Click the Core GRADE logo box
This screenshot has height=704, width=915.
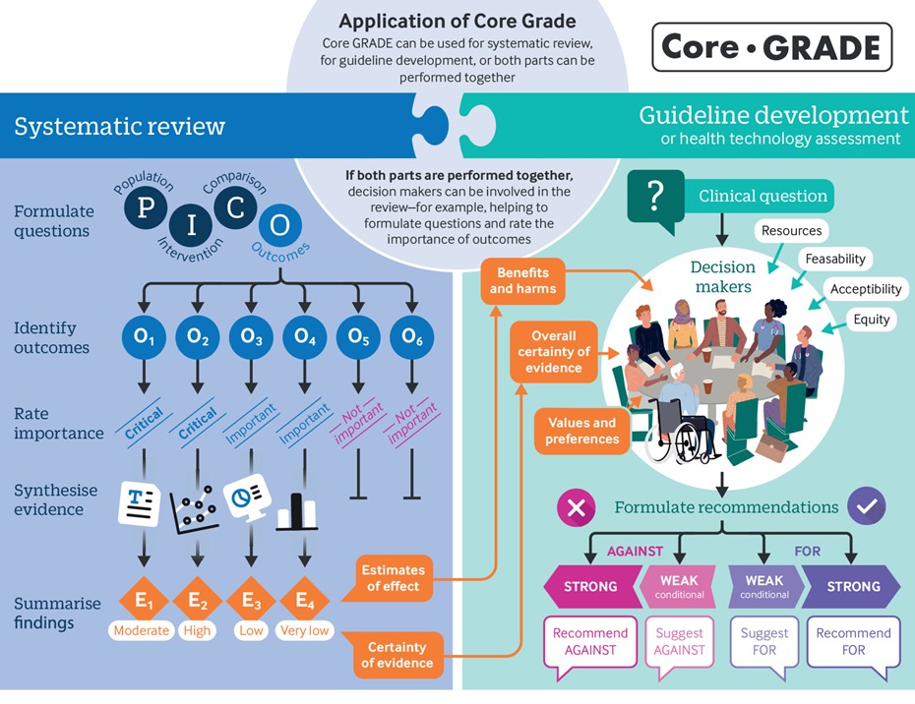click(x=771, y=47)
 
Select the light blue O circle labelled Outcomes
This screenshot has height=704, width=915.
click(x=279, y=224)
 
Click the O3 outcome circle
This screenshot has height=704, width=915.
click(x=251, y=337)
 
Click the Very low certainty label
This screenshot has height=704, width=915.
click(x=305, y=630)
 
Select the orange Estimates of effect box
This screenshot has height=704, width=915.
click(x=391, y=578)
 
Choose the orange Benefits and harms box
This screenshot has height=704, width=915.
click(x=523, y=280)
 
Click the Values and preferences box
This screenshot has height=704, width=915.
click(x=581, y=431)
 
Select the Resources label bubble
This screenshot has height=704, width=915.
click(x=790, y=231)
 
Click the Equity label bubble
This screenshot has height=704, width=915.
click(x=871, y=319)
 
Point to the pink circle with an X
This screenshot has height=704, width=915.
click(x=578, y=507)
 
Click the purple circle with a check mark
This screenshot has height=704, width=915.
click(x=866, y=507)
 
